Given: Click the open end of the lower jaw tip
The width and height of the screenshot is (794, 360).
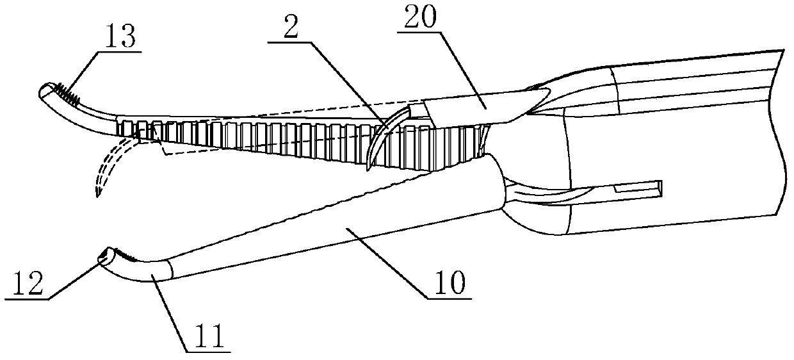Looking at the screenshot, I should (x=103, y=258).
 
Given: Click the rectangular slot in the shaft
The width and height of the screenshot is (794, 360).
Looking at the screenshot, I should (x=637, y=189).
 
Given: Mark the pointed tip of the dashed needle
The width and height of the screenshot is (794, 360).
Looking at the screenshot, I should (x=96, y=196).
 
